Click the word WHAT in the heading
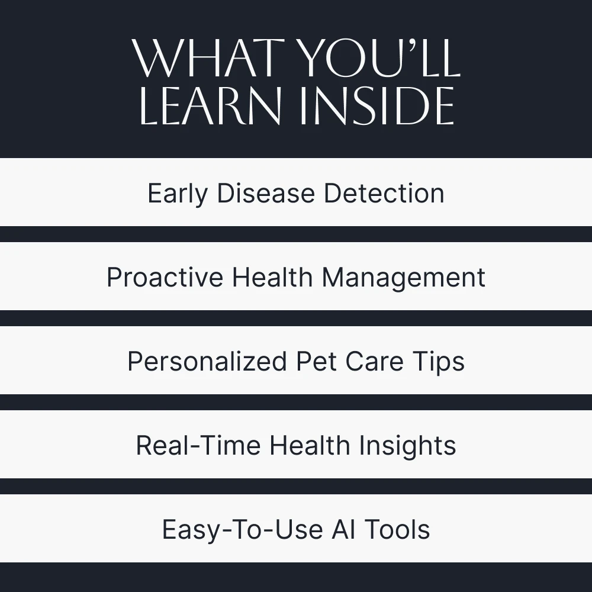[208, 58]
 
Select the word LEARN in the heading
[211, 105]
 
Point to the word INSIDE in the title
[377, 105]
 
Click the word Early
[178, 194]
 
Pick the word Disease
[266, 193]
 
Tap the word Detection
[384, 193]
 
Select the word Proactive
[165, 277]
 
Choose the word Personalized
[207, 361]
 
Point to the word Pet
[316, 361]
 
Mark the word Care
[375, 361]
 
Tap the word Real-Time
[198, 446]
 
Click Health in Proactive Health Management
[272, 277]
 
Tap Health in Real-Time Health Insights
[310, 446]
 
